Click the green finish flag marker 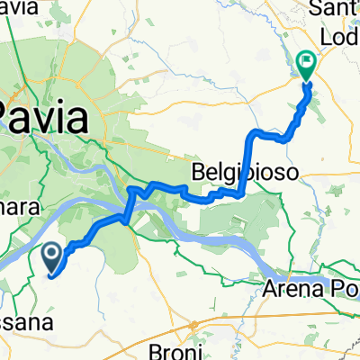306,66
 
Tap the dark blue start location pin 52,258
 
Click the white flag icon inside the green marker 306,62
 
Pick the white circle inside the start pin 52,255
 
